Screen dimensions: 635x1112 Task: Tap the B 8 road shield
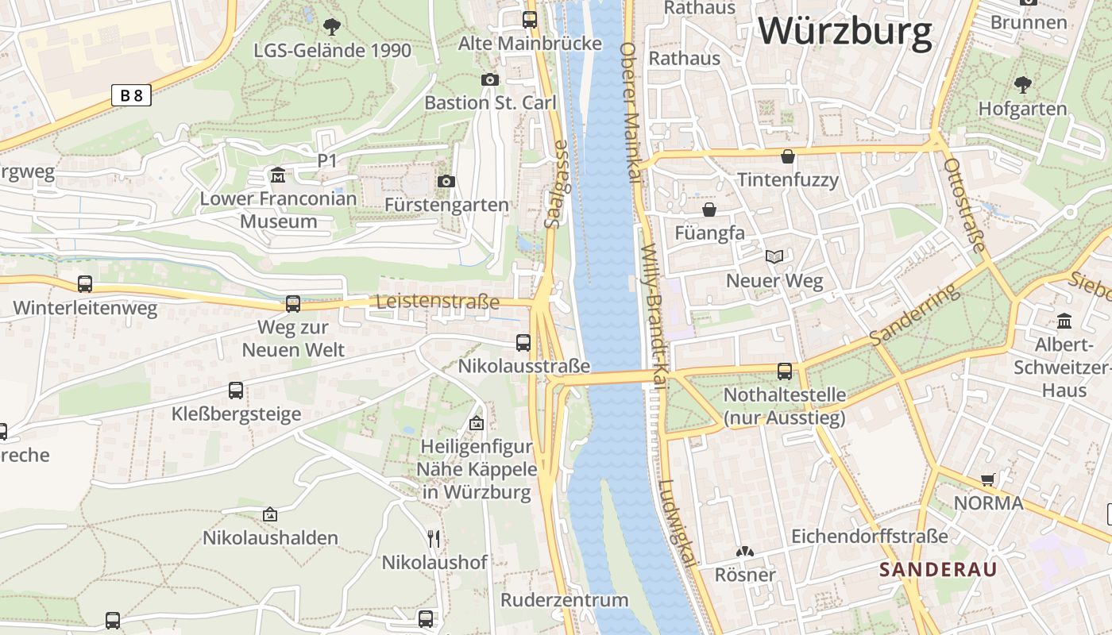[131, 96]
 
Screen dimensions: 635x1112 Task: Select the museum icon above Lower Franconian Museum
[278, 175]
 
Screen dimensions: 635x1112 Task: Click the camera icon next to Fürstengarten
[446, 182]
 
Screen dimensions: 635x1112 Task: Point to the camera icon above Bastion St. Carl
[490, 79]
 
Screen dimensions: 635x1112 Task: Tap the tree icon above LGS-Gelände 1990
[332, 27]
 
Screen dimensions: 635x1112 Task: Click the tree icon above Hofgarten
[1023, 84]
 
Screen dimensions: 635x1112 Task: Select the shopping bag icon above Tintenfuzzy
[788, 156]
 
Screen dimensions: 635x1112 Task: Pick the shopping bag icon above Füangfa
[709, 210]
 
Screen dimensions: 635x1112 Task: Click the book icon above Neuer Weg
[774, 256]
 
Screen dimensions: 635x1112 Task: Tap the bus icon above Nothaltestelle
[785, 371]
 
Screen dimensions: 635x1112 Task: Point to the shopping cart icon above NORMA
[988, 479]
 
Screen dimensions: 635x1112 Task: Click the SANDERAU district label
[938, 569]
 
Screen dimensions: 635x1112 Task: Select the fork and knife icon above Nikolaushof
[434, 539]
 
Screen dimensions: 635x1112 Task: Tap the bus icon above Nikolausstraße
[523, 342]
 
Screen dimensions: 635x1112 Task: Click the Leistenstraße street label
[438, 302]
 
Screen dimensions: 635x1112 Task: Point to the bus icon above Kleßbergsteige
[236, 390]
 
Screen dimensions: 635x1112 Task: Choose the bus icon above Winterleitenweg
[85, 283]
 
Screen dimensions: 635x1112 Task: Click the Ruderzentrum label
[564, 599]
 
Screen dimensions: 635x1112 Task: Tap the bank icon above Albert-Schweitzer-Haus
[1064, 321]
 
